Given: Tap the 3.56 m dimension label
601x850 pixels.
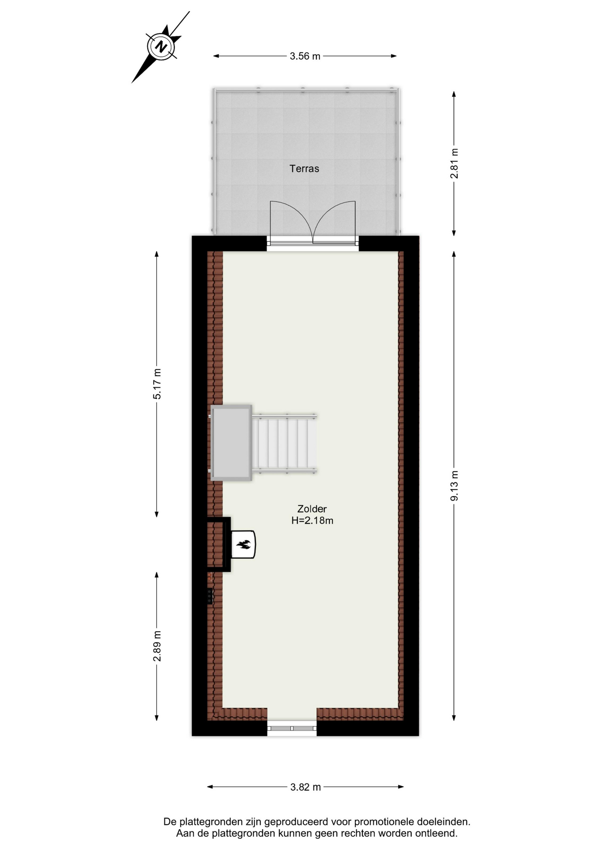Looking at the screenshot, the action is [x=305, y=56].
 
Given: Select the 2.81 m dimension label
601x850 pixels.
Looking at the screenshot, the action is [x=454, y=163].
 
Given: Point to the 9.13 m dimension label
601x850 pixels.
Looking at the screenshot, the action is [x=454, y=486].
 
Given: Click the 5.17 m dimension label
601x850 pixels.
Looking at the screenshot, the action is [x=157, y=384].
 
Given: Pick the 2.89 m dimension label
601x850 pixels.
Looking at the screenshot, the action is [x=157, y=646].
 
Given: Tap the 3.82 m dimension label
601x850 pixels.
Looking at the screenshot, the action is [x=305, y=787].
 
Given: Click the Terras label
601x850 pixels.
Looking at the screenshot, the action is [x=304, y=169].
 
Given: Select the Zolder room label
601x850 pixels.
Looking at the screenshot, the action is [x=312, y=509].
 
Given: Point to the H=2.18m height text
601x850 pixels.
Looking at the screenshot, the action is [x=312, y=521].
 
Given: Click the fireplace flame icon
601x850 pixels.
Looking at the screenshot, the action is [x=243, y=544].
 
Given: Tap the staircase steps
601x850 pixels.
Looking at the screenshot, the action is [x=284, y=443].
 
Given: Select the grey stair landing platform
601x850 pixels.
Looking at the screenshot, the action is [x=231, y=443].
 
